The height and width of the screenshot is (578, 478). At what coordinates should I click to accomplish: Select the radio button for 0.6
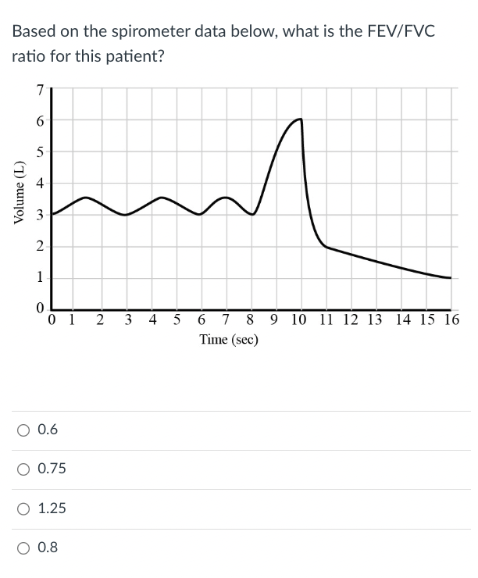(25, 430)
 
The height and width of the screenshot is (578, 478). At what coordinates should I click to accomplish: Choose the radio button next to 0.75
(25, 469)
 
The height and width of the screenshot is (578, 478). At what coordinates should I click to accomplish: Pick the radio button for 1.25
(25, 508)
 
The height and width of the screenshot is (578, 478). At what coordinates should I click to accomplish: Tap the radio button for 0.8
(25, 548)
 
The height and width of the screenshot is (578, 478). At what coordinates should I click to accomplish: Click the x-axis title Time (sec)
(229, 340)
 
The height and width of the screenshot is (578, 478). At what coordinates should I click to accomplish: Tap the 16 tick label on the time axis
(451, 320)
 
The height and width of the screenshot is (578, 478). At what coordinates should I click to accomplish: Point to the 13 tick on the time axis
(375, 320)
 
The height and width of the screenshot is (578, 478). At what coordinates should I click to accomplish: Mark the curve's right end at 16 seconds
(451, 277)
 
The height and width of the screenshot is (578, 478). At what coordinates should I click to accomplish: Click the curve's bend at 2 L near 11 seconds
(326, 247)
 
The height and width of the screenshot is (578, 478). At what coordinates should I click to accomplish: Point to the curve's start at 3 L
(52, 214)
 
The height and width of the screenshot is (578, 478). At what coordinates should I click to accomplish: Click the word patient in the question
(137, 58)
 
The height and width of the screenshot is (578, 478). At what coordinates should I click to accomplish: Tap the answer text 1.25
(52, 508)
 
